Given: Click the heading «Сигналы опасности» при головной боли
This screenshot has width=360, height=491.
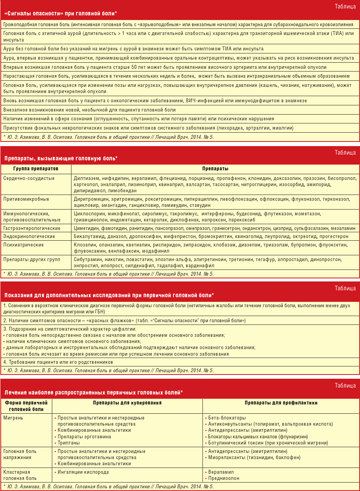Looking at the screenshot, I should pyautogui.click(x=60, y=13).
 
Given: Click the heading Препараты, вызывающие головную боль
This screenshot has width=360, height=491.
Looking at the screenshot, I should pyautogui.click(x=61, y=158).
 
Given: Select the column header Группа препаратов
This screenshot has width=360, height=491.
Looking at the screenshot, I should pyautogui.click(x=36, y=169).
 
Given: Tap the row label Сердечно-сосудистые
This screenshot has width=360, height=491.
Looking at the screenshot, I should pyautogui.click(x=29, y=178).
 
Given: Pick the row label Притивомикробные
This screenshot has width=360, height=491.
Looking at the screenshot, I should pyautogui.click(x=26, y=199).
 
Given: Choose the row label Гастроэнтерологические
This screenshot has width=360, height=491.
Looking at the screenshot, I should pyautogui.click(x=32, y=228).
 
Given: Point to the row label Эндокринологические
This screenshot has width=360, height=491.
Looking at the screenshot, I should pyautogui.click(x=29, y=236).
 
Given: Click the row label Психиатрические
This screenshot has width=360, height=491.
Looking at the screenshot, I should pyautogui.click(x=23, y=245).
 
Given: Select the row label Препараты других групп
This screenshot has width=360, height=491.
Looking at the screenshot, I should pyautogui.click(x=32, y=260).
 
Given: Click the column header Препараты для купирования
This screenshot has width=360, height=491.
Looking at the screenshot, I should pyautogui.click(x=127, y=403).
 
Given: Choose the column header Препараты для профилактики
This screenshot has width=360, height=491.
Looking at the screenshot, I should pyautogui.click(x=281, y=403).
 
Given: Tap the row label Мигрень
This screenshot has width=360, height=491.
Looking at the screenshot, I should pyautogui.click(x=13, y=418).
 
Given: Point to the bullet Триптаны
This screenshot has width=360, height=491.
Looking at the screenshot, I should pyautogui.click(x=69, y=443).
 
